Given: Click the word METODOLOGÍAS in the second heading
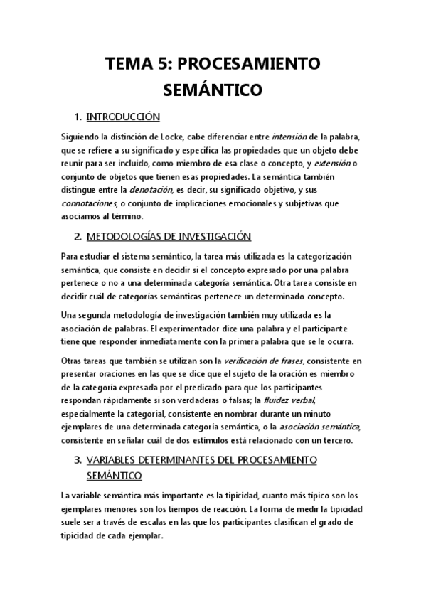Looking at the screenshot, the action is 126,236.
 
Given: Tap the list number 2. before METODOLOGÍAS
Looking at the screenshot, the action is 78,236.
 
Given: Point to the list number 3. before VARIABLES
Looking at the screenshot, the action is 78,460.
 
